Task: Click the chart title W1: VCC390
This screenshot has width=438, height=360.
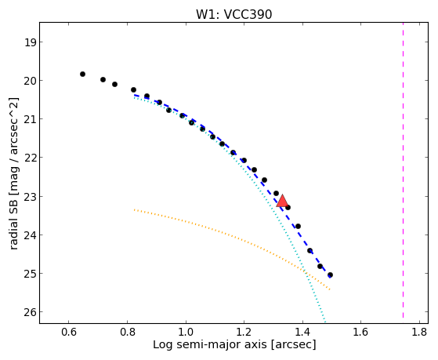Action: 233,14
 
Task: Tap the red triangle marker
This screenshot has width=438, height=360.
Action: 282,201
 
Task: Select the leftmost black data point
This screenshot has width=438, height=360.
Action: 82,75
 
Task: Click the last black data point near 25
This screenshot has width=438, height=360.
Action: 330,275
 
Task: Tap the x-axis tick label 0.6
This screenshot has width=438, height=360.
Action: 69,332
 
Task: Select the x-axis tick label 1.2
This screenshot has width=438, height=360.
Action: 244,332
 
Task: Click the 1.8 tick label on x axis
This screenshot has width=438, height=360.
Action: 419,332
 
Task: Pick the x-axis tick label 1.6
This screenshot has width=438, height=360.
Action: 360,332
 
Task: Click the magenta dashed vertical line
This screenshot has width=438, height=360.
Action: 403,170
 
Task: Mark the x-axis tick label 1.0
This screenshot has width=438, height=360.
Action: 186,332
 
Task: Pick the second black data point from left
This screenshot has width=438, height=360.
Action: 103,80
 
